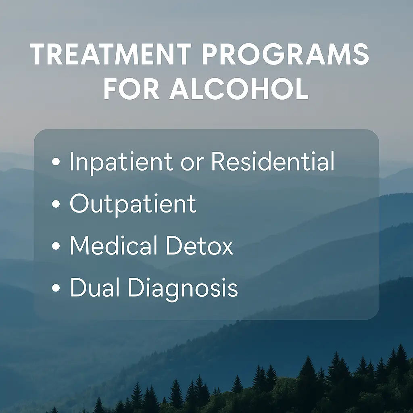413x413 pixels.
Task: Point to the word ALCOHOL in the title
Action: click(x=239, y=90)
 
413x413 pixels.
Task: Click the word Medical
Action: click(x=114, y=246)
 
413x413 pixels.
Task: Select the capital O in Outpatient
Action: click(x=79, y=204)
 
